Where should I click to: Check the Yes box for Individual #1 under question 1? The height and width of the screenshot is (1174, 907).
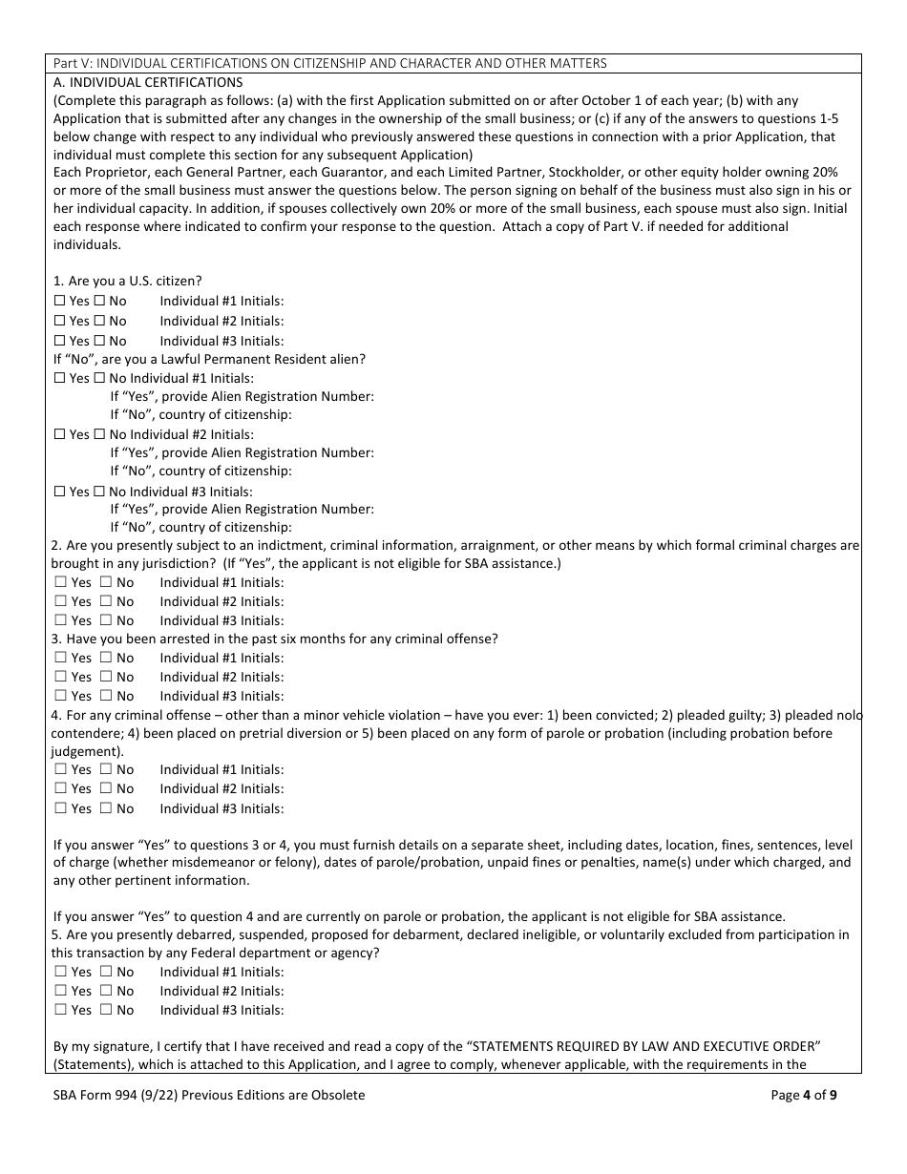[x=59, y=302]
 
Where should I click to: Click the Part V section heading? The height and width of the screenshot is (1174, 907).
[x=329, y=63]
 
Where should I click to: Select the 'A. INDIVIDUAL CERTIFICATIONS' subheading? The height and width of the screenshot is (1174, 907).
[x=148, y=82]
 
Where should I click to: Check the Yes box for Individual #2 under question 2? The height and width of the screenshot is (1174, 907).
[x=60, y=601]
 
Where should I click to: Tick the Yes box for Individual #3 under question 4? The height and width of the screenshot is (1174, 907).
[x=60, y=808]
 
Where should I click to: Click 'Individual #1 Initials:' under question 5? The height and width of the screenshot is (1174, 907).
[x=221, y=972]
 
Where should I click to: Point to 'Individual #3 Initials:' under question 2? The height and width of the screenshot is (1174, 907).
[x=221, y=620]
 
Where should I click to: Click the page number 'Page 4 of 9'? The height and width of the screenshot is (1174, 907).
[x=804, y=1096]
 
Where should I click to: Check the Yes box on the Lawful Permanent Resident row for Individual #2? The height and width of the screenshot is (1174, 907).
[x=59, y=434]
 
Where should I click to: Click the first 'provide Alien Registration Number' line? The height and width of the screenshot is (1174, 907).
[x=242, y=397]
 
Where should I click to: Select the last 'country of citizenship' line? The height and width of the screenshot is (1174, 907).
[x=200, y=527]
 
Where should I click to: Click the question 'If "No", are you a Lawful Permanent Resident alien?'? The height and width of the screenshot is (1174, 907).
[x=209, y=359]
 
